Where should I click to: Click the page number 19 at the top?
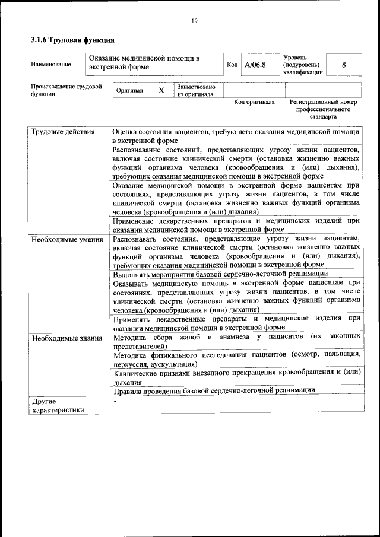click(194, 21)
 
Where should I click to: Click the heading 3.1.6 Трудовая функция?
click(72, 40)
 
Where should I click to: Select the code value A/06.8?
click(255, 65)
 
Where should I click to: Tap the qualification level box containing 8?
click(344, 65)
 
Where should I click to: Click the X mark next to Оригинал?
click(161, 91)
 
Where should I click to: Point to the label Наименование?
click(50, 65)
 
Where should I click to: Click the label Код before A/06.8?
click(232, 65)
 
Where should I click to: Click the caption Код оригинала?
click(254, 102)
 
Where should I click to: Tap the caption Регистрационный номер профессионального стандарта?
click(323, 109)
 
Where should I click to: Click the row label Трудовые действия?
click(63, 132)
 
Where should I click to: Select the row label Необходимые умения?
click(67, 239)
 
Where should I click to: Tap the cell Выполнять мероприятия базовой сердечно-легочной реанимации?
click(220, 274)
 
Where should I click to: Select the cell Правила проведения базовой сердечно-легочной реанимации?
click(213, 390)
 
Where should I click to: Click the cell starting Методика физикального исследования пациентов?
click(236, 359)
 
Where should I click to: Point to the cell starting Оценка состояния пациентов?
click(236, 136)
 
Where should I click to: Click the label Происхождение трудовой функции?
click(66, 90)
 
